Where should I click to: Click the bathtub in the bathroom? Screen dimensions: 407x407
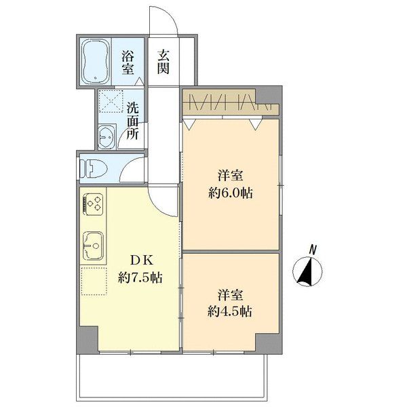[x=96, y=62]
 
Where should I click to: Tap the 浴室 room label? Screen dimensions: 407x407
[x=128, y=62]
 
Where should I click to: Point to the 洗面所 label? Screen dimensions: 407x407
[x=133, y=121]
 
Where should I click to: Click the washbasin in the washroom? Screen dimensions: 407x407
[x=106, y=136]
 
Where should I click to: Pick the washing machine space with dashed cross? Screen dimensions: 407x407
[x=111, y=101]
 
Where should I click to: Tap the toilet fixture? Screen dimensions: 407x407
[x=94, y=168]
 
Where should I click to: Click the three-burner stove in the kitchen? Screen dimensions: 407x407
[x=93, y=204]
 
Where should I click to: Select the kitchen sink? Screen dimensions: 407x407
[x=93, y=246]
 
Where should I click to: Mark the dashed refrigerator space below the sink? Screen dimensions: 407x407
[x=94, y=281]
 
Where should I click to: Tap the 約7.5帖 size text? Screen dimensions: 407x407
[x=140, y=278]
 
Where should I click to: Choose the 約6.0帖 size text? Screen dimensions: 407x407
[x=231, y=193]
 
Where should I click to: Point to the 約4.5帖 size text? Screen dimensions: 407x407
[x=230, y=311]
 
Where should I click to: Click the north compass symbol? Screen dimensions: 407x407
[x=307, y=272]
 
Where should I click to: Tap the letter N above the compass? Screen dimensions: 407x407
[x=313, y=250]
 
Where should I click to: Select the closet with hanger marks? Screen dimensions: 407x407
[x=231, y=102]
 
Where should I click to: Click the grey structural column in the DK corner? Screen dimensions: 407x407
[x=88, y=339]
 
